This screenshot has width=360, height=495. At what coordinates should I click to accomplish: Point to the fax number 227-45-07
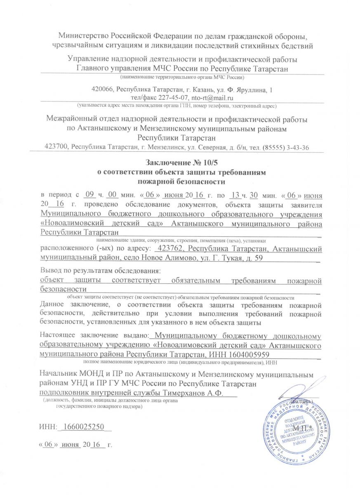coord(174,98)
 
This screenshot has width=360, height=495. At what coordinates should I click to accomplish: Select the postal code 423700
coord(57,147)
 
